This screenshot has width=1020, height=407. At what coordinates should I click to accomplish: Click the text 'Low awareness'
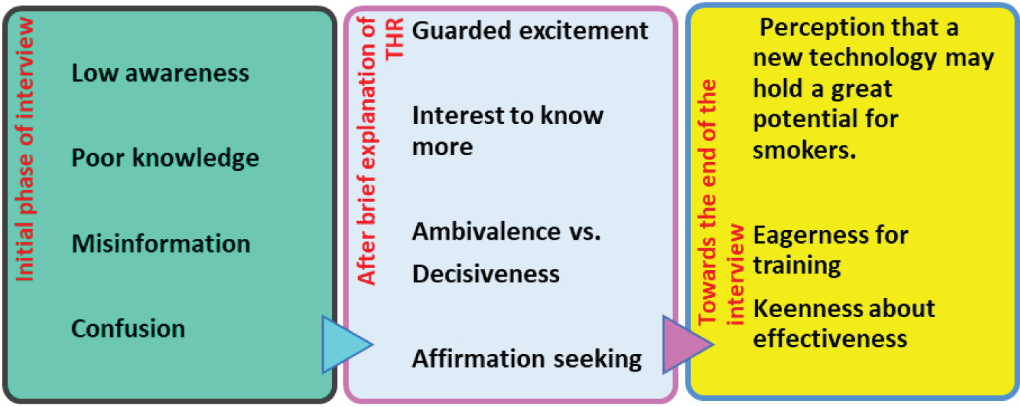click(160, 73)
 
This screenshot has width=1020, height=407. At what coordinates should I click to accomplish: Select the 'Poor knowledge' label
click(165, 158)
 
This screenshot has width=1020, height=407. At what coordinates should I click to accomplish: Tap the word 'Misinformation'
click(160, 243)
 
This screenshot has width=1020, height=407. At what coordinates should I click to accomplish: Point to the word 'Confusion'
click(128, 328)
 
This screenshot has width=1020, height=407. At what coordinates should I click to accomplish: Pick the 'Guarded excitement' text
click(530, 31)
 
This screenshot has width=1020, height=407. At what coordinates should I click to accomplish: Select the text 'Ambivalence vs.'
click(507, 231)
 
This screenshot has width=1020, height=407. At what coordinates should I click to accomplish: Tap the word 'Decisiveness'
click(486, 274)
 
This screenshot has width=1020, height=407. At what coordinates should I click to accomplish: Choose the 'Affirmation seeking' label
click(527, 359)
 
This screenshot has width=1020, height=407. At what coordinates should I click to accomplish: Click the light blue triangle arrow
click(345, 344)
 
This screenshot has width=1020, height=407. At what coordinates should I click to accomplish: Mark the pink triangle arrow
click(685, 344)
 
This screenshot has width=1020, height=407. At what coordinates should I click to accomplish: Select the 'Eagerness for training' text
click(830, 250)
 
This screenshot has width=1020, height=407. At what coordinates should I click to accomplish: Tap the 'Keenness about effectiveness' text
click(843, 323)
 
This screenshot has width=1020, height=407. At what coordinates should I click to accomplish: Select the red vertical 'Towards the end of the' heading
click(708, 204)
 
